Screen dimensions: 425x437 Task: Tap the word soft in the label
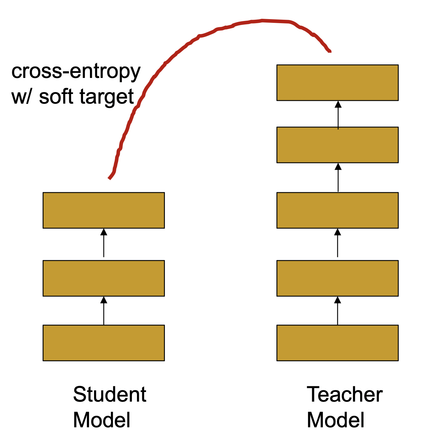(x=56, y=96)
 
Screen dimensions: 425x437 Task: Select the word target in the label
(x=107, y=98)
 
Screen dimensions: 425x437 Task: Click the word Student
(x=110, y=394)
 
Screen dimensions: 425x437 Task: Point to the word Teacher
(x=344, y=394)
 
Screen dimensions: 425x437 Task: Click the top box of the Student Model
(x=104, y=210)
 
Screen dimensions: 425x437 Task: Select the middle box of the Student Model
(x=104, y=278)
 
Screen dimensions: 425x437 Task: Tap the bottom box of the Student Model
(x=104, y=343)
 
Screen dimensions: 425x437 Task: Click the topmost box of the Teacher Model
(x=338, y=83)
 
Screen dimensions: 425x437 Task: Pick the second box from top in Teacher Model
(x=338, y=145)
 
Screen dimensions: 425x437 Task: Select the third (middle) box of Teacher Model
(x=338, y=210)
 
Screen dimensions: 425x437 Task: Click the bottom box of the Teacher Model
(x=338, y=343)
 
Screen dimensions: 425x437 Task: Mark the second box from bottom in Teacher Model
(x=338, y=278)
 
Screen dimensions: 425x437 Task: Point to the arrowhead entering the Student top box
(x=104, y=232)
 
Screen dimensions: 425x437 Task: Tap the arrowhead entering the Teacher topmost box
(x=338, y=104)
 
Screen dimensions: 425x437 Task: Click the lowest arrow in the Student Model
(x=104, y=311)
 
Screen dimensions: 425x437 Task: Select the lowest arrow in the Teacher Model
(x=338, y=311)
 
